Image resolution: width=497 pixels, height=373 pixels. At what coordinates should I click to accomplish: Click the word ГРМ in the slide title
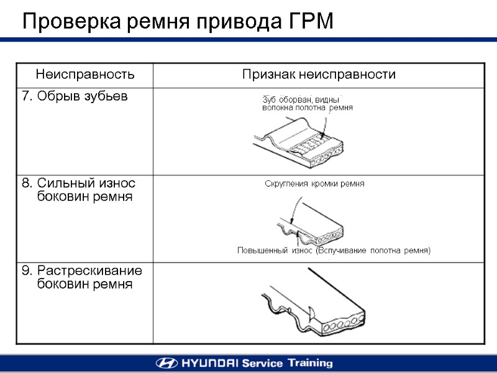(311, 22)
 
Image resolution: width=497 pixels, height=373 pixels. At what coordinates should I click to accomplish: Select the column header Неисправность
(85, 75)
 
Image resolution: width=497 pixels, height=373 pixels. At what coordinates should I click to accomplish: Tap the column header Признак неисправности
(319, 75)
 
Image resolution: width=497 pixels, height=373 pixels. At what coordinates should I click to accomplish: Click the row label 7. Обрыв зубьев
(75, 96)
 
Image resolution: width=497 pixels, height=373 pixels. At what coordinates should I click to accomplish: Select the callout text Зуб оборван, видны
(301, 99)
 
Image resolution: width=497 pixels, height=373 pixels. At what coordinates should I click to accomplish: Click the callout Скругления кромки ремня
(314, 184)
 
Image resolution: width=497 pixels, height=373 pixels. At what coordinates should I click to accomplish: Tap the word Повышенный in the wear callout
(262, 251)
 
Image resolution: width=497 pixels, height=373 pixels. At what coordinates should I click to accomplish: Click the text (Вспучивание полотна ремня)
(373, 251)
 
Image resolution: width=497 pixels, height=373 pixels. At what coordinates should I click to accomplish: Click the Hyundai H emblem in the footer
(167, 363)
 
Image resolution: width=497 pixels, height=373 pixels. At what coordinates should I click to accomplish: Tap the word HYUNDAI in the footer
(209, 363)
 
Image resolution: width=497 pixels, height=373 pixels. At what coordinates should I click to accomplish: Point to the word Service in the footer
(262, 363)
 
